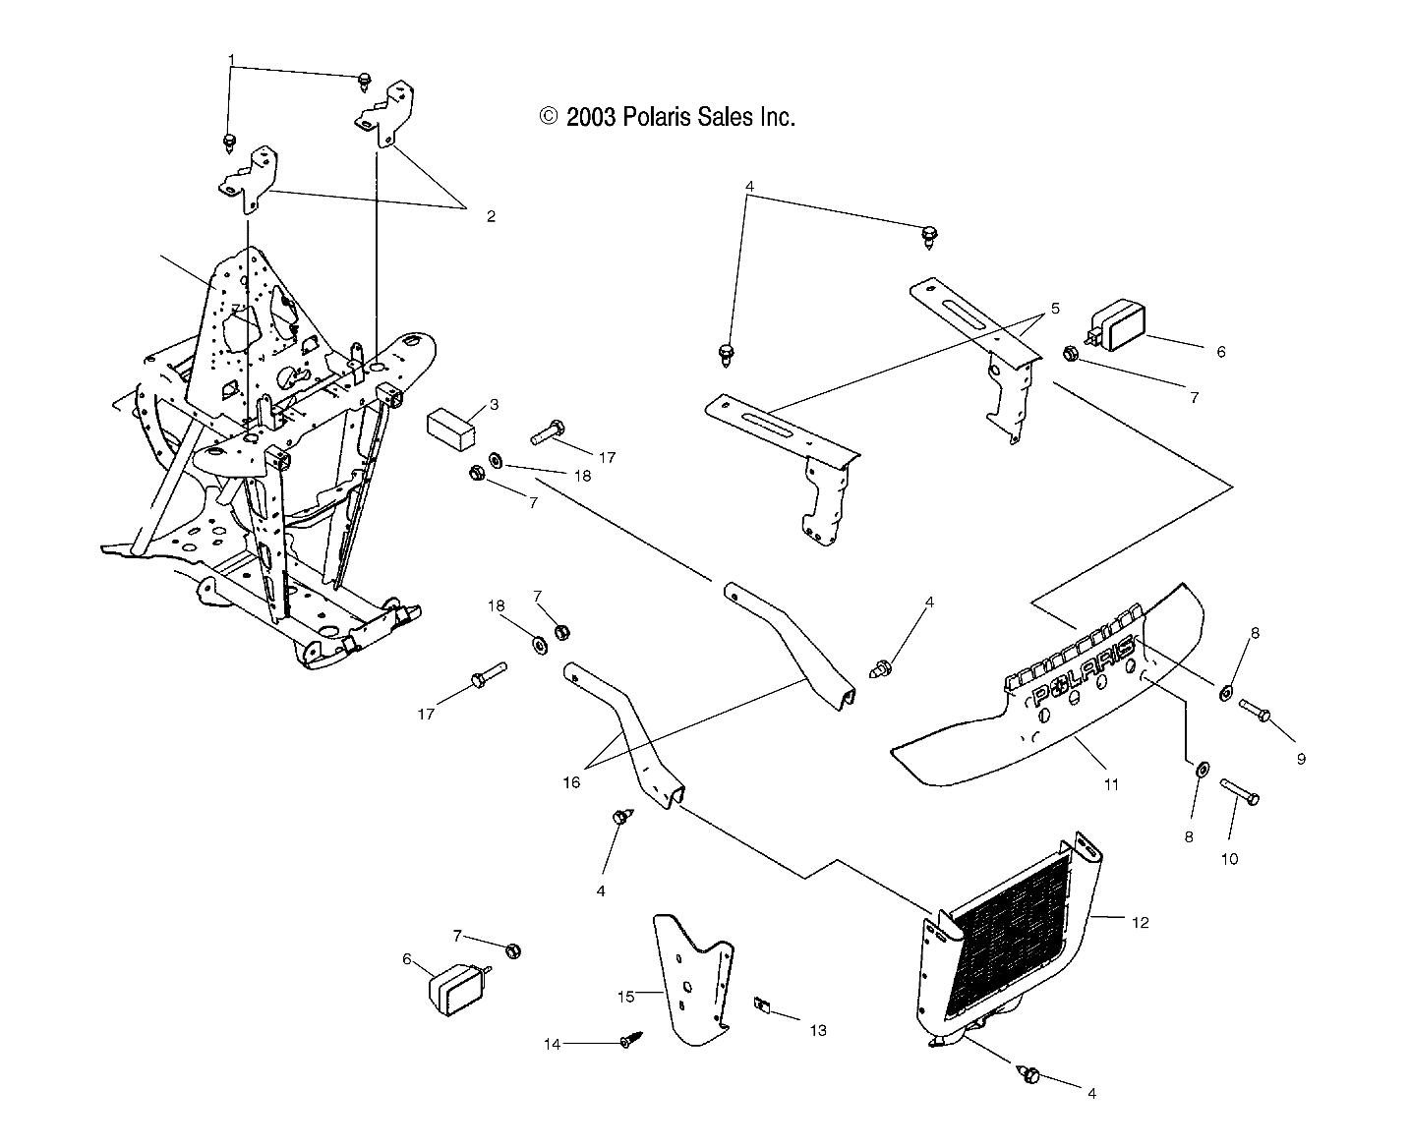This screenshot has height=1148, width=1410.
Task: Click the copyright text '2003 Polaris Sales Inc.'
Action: coord(668,117)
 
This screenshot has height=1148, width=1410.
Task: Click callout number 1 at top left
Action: coord(231,59)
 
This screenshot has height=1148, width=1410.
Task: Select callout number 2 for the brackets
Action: coord(491,216)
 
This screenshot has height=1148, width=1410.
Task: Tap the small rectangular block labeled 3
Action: coord(451,430)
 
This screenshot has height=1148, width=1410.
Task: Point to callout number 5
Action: coord(1054,309)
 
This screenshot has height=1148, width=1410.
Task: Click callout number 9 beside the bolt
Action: coord(1300,759)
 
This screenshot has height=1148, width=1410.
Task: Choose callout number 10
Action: coord(1229,858)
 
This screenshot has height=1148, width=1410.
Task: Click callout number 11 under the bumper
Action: coord(1111,784)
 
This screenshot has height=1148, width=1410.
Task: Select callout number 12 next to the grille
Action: coord(1141,922)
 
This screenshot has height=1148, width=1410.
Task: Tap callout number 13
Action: coord(818,1030)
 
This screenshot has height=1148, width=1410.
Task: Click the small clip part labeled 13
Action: coord(760,1004)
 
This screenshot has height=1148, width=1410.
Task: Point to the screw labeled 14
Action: coord(626,1040)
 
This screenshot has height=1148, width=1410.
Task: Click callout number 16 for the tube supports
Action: coord(571,782)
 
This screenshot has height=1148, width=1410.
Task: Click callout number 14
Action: coord(553,1044)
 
